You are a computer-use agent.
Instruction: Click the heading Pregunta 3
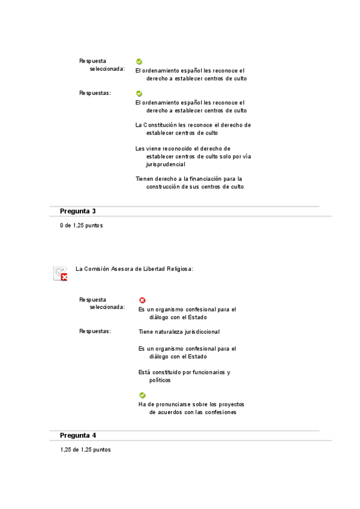tap(77, 211)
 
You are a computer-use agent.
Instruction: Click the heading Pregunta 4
tap(77, 435)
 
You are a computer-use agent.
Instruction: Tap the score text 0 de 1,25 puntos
tap(81, 226)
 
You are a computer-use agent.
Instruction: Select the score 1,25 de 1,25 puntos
tap(85, 450)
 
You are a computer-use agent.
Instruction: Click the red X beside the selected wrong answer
tap(142, 300)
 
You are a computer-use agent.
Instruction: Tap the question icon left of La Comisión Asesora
tap(60, 273)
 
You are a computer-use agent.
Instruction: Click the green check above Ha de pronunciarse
tap(142, 395)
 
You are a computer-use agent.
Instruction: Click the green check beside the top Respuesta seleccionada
tap(139, 61)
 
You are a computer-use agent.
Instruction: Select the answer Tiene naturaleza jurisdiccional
tap(179, 331)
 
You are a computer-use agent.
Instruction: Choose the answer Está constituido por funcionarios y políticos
tap(184, 376)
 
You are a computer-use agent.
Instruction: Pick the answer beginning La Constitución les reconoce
tap(193, 128)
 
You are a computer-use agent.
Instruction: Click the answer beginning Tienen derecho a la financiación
tap(190, 182)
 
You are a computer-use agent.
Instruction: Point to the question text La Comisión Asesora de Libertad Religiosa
tap(134, 269)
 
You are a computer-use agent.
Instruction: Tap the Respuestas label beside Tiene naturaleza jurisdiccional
tap(95, 331)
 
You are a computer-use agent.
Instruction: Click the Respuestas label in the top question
tap(95, 93)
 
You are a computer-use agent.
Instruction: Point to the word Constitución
tap(160, 125)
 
